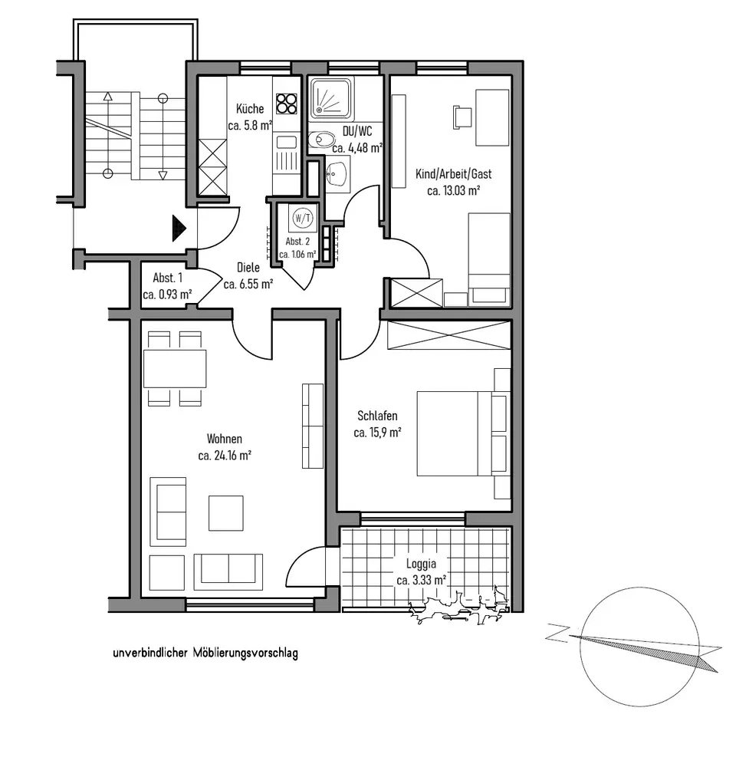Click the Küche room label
(x=250, y=109)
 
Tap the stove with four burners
(x=286, y=103)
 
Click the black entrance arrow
(x=179, y=228)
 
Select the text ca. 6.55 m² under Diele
(x=248, y=284)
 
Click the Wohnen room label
(x=225, y=439)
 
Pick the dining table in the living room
(x=175, y=368)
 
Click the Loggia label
(x=421, y=566)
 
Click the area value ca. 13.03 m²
(x=453, y=191)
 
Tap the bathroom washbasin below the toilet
(x=337, y=174)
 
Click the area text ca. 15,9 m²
(x=378, y=433)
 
